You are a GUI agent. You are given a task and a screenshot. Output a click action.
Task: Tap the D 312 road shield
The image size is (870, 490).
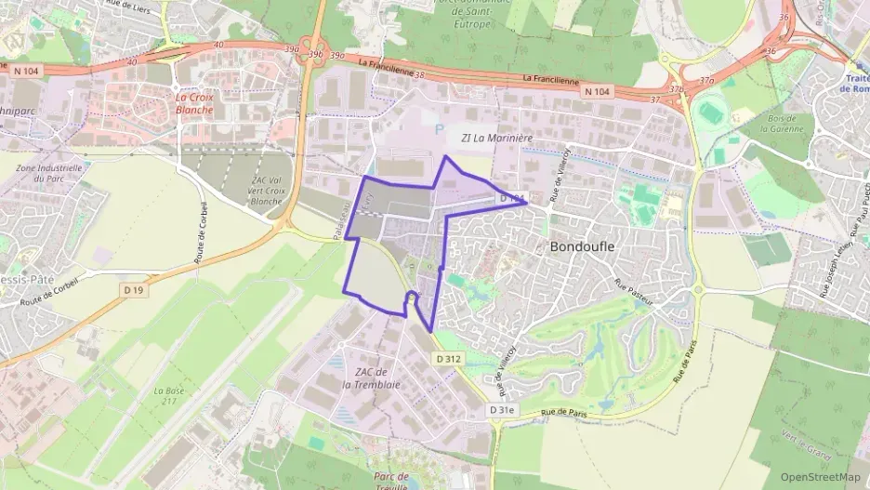(447, 358)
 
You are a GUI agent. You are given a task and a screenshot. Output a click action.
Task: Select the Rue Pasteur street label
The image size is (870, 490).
(635, 291)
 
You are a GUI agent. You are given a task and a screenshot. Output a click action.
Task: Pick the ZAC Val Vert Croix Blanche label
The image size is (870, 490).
(266, 191)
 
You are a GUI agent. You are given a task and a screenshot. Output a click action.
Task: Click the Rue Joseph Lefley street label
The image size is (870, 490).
(833, 264)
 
